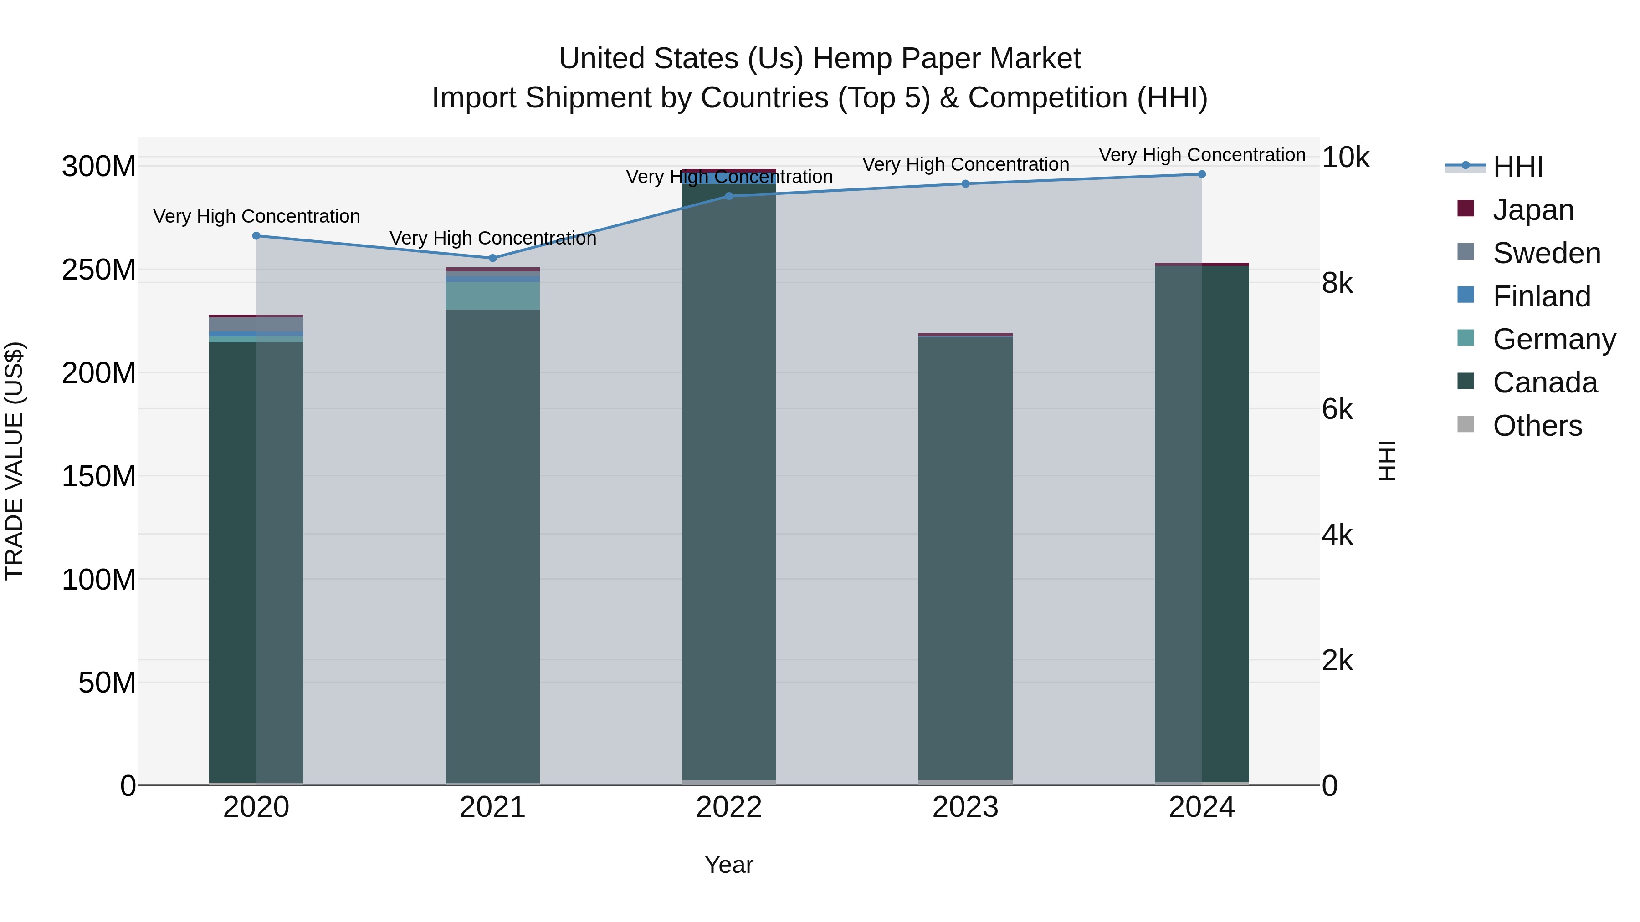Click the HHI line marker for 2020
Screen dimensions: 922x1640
pos(256,236)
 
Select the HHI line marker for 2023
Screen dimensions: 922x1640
pos(965,184)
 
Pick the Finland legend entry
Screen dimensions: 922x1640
pos(1541,296)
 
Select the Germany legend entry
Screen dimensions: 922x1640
pos(1554,339)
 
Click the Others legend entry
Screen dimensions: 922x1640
pos(1537,426)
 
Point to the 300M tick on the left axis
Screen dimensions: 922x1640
pos(99,167)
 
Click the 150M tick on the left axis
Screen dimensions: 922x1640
pos(99,476)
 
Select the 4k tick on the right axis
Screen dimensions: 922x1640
pos(1338,535)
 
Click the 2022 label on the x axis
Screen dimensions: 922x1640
pos(729,807)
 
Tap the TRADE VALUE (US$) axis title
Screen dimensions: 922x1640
pos(14,461)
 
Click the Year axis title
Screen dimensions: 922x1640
pos(729,865)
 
